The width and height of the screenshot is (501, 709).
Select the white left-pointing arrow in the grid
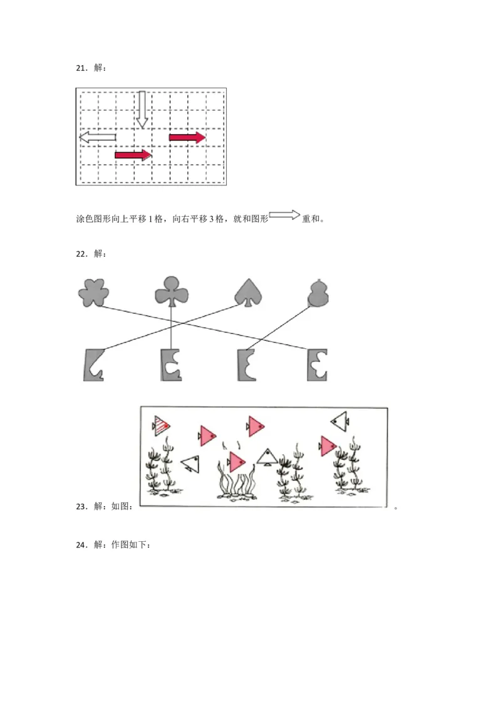tap(98, 137)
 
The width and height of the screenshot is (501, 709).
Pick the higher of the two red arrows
tap(187, 137)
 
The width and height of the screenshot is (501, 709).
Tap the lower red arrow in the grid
tap(133, 154)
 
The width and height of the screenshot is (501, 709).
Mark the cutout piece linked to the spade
tap(95, 365)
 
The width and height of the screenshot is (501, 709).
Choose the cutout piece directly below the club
tap(170, 365)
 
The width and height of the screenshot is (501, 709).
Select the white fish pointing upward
tap(267, 457)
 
